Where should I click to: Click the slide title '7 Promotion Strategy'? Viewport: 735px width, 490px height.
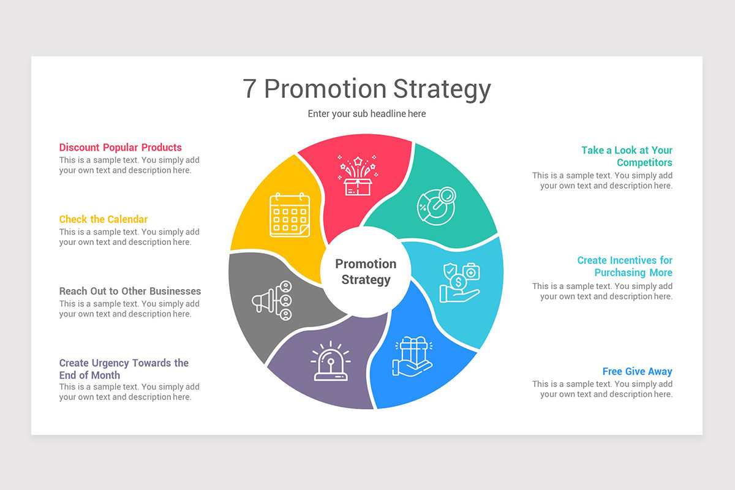[367, 89]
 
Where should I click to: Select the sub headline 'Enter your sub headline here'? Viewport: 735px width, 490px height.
[367, 114]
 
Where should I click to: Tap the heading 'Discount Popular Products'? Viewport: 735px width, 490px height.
[121, 148]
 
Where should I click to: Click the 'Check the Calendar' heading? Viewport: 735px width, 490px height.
[104, 219]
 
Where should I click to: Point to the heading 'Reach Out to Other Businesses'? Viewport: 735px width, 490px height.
[130, 291]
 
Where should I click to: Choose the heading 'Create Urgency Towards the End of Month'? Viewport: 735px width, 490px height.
[124, 369]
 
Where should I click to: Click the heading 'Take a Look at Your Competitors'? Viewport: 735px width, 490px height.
[627, 156]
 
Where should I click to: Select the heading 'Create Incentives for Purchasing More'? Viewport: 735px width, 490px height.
[625, 266]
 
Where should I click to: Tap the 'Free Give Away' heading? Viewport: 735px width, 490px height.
[637, 371]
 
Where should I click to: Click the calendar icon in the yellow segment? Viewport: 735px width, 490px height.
[290, 215]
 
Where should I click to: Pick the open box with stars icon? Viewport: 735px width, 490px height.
[358, 176]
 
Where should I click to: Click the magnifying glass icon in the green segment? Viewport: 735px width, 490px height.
[437, 206]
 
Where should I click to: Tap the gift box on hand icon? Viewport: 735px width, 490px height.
[412, 356]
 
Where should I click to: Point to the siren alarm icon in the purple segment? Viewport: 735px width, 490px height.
[330, 361]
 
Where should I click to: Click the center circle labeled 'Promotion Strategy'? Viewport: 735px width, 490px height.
[366, 272]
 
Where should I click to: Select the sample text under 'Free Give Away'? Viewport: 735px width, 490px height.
[603, 390]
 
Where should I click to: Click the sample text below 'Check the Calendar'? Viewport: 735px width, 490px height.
[129, 237]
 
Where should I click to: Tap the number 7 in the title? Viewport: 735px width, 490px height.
[249, 89]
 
